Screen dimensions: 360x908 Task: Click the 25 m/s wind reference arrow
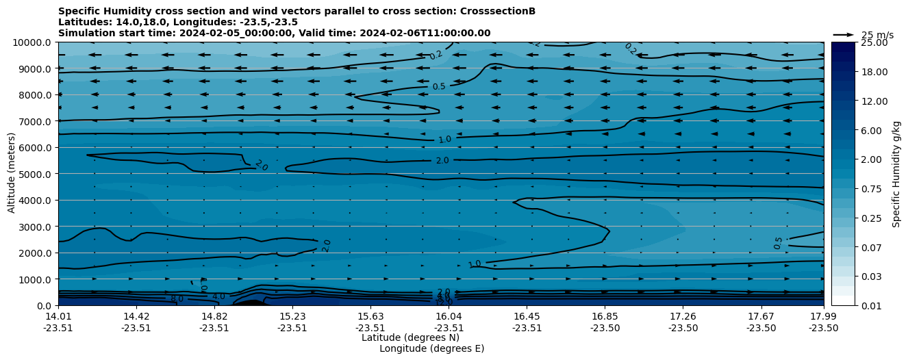pyautogui.click(x=843, y=35)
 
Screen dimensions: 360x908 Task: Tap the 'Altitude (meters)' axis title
pyautogui.click(x=12, y=174)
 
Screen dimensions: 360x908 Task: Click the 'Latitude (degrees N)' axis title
pyautogui.click(x=410, y=337)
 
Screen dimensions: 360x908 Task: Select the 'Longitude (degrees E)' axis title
pyautogui.click(x=431, y=348)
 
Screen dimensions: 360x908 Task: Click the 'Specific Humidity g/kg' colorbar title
pyautogui.click(x=896, y=174)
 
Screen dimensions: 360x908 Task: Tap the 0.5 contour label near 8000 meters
pyautogui.click(x=439, y=87)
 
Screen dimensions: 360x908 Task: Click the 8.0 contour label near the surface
pyautogui.click(x=177, y=298)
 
